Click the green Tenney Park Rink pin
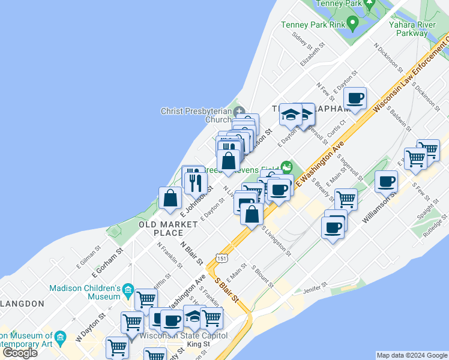tap(352, 24)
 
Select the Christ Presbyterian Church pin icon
tap(239, 111)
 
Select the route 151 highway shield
tap(222, 258)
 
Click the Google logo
tap(20, 353)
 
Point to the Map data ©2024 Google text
tap(412, 355)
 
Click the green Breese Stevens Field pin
tap(287, 166)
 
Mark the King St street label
tap(198, 344)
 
